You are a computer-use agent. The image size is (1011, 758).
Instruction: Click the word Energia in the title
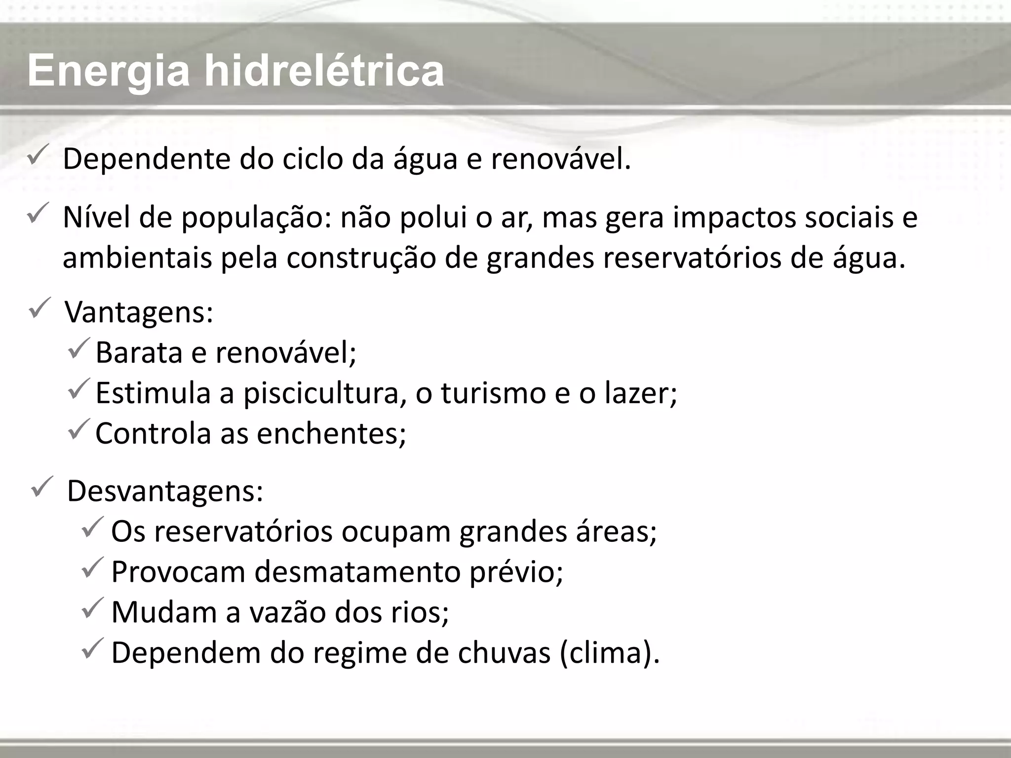pyautogui.click(x=109, y=72)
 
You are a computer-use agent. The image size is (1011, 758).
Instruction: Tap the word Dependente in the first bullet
pyautogui.click(x=147, y=160)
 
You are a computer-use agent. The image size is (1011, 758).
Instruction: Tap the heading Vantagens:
pyautogui.click(x=139, y=313)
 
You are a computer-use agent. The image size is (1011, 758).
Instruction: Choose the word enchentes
pyautogui.click(x=331, y=433)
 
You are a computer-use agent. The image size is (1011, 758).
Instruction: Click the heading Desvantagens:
pyautogui.click(x=165, y=491)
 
